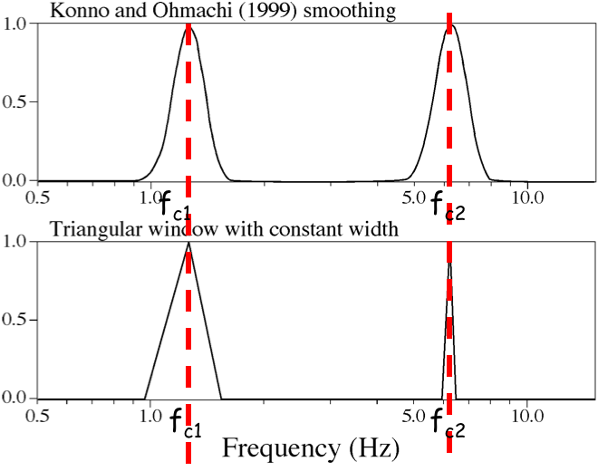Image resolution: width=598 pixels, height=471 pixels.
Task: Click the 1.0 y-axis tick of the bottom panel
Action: [x=17, y=242]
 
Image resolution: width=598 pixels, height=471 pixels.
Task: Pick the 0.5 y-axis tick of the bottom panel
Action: [x=17, y=320]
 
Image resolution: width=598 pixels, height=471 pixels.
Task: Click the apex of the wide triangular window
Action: [x=188, y=242]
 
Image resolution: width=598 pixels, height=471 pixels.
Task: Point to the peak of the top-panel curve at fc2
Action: [x=450, y=24]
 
